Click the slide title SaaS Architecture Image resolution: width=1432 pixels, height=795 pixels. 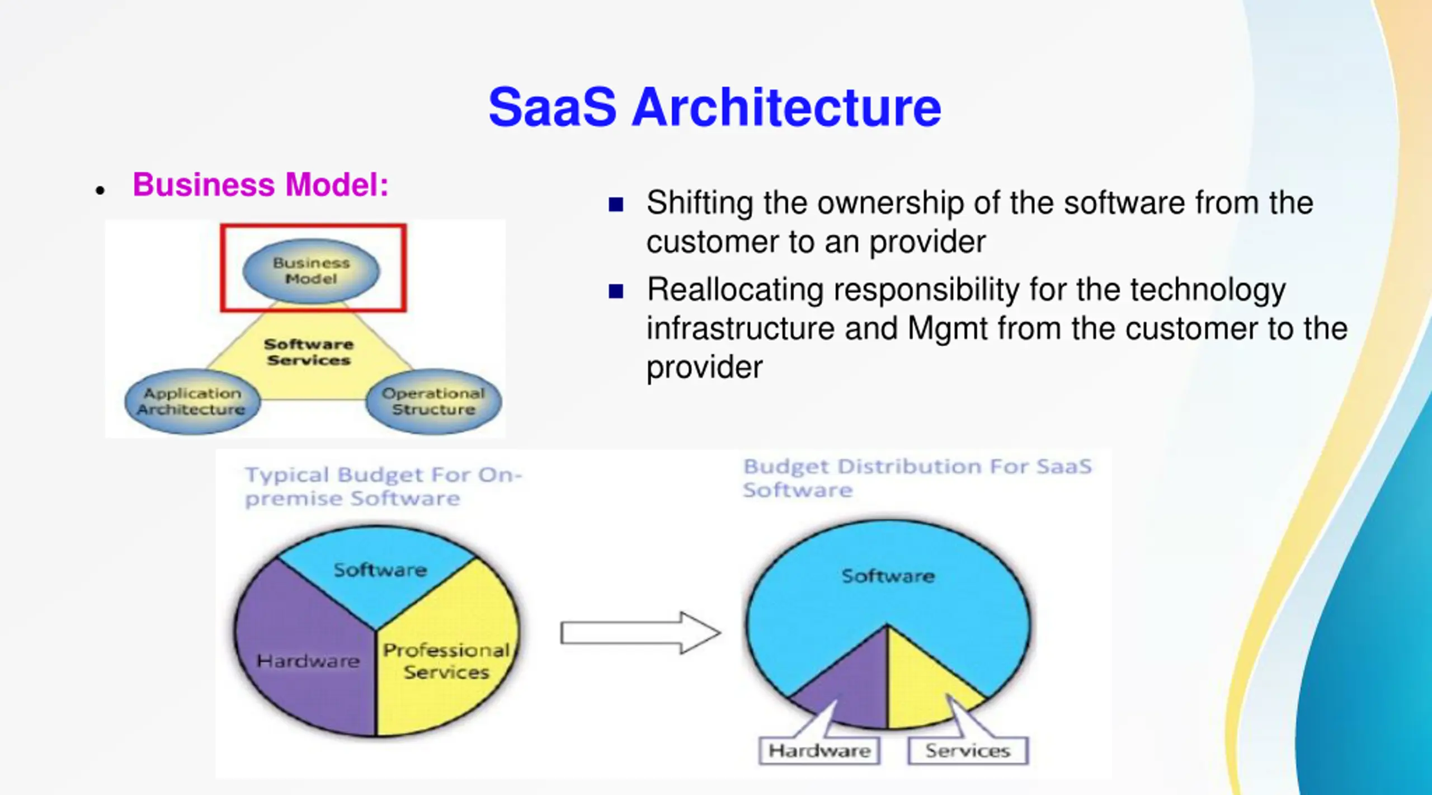[714, 107]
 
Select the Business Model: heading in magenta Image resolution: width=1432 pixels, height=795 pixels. [260, 184]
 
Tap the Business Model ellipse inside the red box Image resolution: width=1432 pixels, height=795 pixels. [311, 271]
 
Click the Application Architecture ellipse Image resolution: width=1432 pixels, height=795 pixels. [192, 401]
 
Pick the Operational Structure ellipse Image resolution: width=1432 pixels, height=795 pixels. [434, 401]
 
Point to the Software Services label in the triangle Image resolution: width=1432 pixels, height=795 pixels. [309, 352]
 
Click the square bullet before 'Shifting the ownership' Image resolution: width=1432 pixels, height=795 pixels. [616, 204]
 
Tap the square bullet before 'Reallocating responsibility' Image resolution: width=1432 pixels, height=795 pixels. [616, 291]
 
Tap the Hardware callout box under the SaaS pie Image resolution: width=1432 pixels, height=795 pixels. [819, 751]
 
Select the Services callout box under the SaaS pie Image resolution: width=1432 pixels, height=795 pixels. [968, 751]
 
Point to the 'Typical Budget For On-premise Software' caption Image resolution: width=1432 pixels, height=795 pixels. [383, 486]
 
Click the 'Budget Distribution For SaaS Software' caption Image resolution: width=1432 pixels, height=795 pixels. [917, 478]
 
